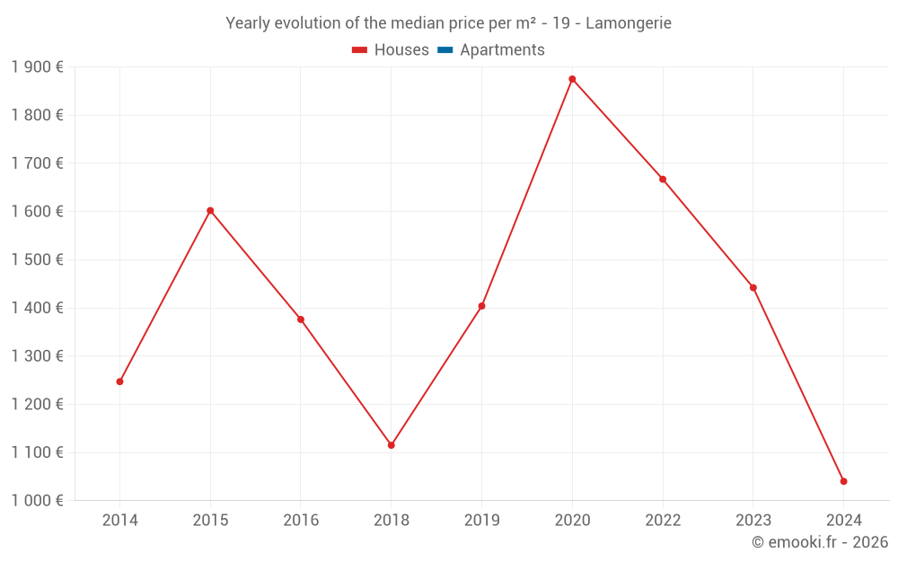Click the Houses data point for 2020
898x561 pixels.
[572, 79]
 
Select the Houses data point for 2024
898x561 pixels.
[843, 481]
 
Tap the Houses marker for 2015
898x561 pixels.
[210, 211]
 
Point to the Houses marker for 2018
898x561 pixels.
[391, 445]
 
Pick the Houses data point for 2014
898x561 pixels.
[119, 381]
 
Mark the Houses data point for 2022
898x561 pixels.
[663, 180]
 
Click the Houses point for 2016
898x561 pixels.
[301, 320]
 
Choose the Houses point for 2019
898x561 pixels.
[481, 306]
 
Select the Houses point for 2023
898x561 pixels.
[753, 288]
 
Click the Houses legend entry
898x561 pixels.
[391, 50]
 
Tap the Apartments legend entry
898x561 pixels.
[491, 50]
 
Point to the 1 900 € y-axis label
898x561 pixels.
[37, 67]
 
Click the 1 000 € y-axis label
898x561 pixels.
[37, 501]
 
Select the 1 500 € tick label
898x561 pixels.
[37, 259]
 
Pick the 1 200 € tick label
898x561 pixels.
[37, 404]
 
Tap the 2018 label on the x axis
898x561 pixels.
[391, 521]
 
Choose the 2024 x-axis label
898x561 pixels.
[843, 521]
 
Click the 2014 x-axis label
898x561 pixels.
[119, 521]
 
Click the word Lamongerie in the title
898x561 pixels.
[628, 23]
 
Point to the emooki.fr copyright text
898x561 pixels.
[820, 542]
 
